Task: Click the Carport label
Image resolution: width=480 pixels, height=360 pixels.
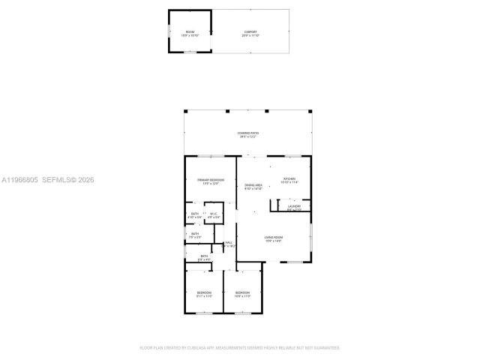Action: [x=250, y=32]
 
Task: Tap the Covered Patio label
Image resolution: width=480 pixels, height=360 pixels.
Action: [x=247, y=134]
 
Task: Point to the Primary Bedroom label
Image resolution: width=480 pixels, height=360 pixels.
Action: [x=210, y=181]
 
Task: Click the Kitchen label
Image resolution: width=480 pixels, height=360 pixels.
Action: [x=289, y=180]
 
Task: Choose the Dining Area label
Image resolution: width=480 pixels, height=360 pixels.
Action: [x=253, y=187]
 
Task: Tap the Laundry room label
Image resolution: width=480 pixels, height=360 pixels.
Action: [x=294, y=208]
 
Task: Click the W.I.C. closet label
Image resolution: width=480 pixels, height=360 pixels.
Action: [x=214, y=215]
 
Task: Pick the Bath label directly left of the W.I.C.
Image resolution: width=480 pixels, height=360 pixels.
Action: [x=195, y=215]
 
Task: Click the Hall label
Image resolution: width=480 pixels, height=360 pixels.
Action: [x=229, y=244]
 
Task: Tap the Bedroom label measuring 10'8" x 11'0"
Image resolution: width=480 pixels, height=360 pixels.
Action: [x=242, y=294]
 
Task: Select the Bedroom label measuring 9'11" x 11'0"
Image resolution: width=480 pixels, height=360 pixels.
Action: [x=204, y=294]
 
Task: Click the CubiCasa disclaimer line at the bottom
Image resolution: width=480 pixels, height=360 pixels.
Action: [x=240, y=348]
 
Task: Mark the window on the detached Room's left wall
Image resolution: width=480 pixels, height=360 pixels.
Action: [x=168, y=31]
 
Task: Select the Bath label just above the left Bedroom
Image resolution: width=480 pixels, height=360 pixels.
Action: [x=204, y=258]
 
